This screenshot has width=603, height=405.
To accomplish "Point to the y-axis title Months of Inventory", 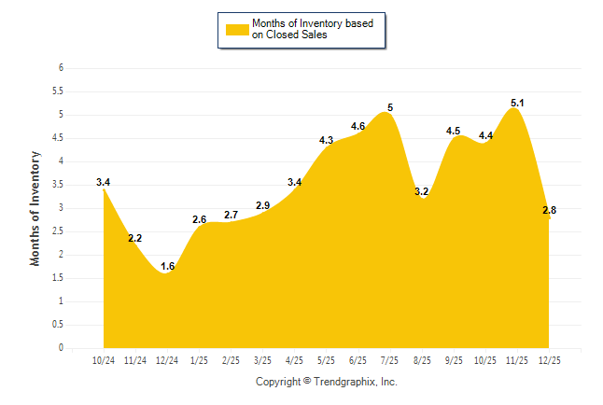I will tap(35, 208).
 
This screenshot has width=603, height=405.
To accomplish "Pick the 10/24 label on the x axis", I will tap(104, 360).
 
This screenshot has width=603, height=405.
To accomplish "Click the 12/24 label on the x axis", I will tap(167, 360).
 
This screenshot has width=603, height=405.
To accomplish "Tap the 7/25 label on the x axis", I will tap(390, 360).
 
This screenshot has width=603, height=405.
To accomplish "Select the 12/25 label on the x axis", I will tap(549, 360).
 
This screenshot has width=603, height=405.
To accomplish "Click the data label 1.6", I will tap(168, 267).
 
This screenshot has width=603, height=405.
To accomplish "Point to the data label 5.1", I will tap(517, 103).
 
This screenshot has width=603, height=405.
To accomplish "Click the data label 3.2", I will tap(421, 192).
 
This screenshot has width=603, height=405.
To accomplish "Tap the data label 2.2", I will tap(135, 239).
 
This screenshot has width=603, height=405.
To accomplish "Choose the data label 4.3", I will tap(326, 140).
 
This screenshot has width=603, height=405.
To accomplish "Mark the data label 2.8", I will tap(549, 211).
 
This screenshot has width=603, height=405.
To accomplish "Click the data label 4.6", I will tap(358, 126).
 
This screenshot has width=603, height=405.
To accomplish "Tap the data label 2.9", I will tap(262, 205).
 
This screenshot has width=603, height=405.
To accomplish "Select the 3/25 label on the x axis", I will tap(262, 360).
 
